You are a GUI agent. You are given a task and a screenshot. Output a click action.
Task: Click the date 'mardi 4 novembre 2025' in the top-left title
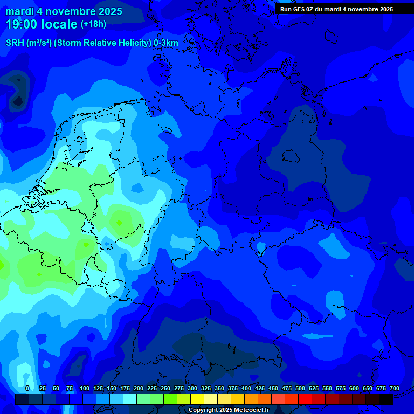click(x=64, y=11)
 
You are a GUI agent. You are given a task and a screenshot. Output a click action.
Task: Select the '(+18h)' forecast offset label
click(x=93, y=24)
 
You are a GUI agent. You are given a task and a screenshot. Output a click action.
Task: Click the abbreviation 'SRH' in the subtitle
click(x=15, y=43)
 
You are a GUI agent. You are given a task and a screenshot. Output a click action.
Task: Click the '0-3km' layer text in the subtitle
click(x=165, y=43)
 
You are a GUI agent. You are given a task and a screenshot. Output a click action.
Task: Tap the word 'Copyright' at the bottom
click(x=203, y=410)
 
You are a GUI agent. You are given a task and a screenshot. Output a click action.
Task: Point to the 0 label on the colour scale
click(x=27, y=388)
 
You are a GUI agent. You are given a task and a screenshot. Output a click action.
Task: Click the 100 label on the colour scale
click(x=85, y=388)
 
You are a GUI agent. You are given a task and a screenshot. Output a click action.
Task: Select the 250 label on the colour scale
click(x=165, y=388)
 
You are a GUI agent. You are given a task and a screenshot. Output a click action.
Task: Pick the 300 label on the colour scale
click(x=192, y=388)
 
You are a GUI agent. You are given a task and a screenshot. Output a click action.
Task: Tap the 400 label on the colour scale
click(x=246, y=388)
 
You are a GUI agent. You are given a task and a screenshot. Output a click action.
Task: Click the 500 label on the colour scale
click(x=300, y=388)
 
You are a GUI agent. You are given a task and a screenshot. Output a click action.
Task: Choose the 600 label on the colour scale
click(x=354, y=388)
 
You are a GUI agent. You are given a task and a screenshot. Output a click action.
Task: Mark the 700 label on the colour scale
click(x=395, y=388)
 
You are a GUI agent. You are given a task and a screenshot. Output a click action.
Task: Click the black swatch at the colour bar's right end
click(x=386, y=399)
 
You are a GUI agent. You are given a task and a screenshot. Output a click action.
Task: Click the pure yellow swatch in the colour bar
click(x=197, y=399)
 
